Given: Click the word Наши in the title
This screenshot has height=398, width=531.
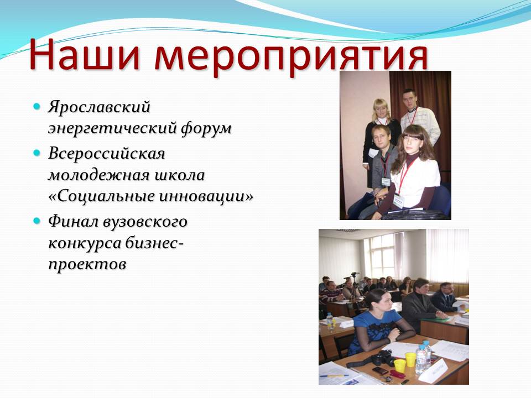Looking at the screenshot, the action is click(x=84, y=54).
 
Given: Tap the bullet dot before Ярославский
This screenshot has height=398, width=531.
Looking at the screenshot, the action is click(x=37, y=106).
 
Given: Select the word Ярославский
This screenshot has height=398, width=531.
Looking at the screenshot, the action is click(x=99, y=107).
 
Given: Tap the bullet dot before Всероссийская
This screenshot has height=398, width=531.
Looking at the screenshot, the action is click(x=37, y=153).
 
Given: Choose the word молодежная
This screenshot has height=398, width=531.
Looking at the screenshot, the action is click(x=98, y=175).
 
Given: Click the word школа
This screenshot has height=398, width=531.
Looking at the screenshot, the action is click(x=180, y=175).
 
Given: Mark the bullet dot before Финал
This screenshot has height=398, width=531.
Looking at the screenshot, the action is click(x=37, y=221).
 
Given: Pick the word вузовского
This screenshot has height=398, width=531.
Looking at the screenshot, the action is click(x=145, y=222).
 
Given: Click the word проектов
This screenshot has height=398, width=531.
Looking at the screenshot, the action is click(x=87, y=265).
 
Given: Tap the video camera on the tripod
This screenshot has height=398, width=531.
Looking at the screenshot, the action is click(x=354, y=274).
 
